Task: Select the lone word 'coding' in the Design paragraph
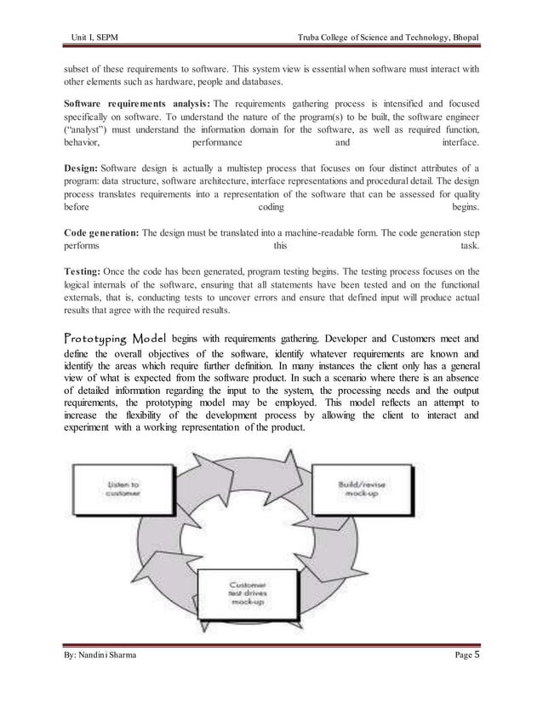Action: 271,208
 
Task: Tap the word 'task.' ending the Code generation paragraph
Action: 469,248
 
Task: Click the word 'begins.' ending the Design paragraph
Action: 465,208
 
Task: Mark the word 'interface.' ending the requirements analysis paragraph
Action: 460,143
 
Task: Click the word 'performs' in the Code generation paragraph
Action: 81,248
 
